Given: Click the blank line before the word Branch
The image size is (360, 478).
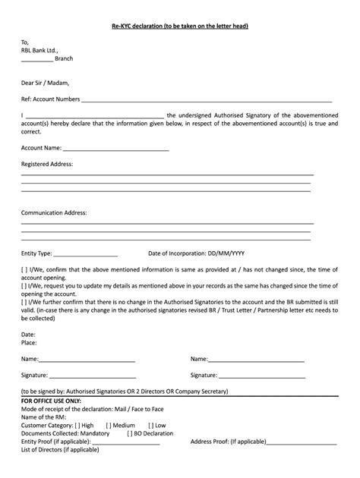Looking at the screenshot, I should [x=36, y=59].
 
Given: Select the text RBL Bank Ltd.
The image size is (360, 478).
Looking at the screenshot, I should [x=39, y=50].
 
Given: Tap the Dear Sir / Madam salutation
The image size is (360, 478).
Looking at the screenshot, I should [x=44, y=81].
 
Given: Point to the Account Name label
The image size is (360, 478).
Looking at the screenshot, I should [x=41, y=148].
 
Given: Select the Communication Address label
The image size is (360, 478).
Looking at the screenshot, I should [x=54, y=213].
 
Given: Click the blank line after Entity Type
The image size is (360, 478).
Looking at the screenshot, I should [x=86, y=254].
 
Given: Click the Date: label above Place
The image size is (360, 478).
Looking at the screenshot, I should [x=28, y=334].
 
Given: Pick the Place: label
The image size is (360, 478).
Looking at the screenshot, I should [x=29, y=342].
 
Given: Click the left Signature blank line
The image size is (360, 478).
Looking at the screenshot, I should [x=93, y=376].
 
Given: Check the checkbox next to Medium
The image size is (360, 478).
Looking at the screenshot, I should [x=109, y=425].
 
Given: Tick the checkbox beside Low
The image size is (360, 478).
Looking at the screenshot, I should [x=151, y=425].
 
